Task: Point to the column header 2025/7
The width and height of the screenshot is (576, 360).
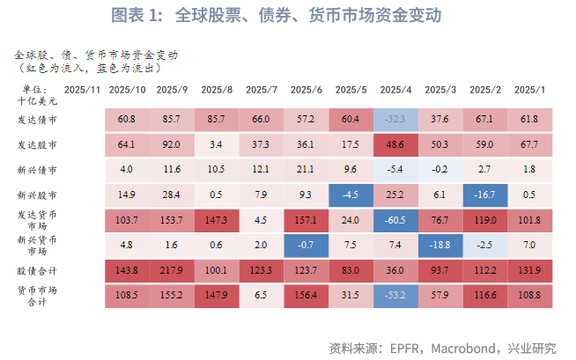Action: click(261, 90)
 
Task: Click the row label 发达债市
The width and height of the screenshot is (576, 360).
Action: click(37, 120)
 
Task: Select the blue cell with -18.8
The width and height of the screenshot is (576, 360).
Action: click(440, 246)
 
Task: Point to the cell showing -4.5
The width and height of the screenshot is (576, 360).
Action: click(351, 195)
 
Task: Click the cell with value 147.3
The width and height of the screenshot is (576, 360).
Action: click(217, 221)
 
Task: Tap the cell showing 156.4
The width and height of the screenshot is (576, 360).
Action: click(306, 297)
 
